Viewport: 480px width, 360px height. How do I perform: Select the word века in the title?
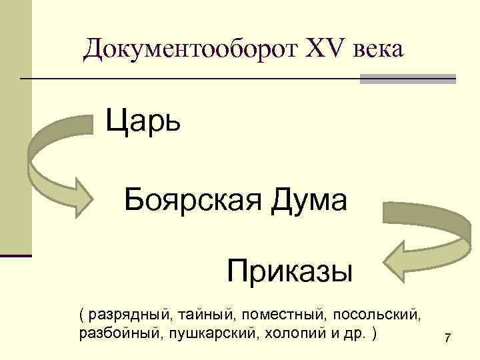(369, 49)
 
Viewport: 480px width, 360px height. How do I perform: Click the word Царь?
(143, 122)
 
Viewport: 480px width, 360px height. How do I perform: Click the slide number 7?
(447, 341)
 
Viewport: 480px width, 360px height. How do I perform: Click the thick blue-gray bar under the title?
(407, 79)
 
